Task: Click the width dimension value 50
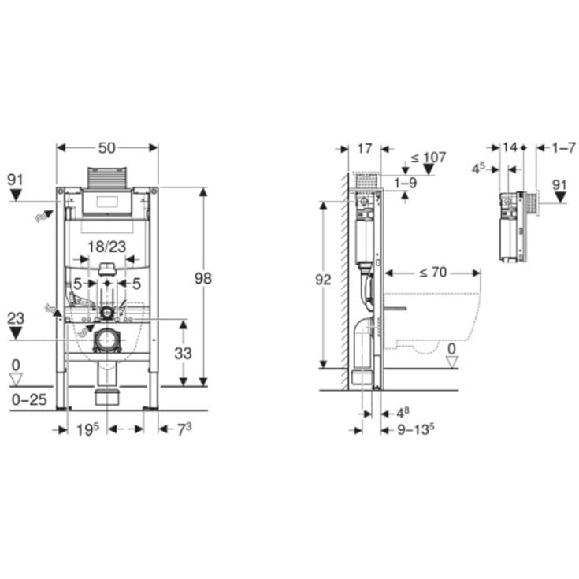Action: (x=106, y=147)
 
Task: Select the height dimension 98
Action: (x=202, y=277)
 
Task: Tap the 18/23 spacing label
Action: (x=106, y=246)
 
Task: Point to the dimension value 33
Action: (x=183, y=354)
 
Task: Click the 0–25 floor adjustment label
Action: (x=29, y=400)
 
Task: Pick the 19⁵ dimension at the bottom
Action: (x=87, y=429)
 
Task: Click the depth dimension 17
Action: (x=364, y=147)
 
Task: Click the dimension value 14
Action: (x=510, y=147)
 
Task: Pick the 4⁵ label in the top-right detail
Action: (x=478, y=168)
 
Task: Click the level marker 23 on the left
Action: (x=16, y=319)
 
